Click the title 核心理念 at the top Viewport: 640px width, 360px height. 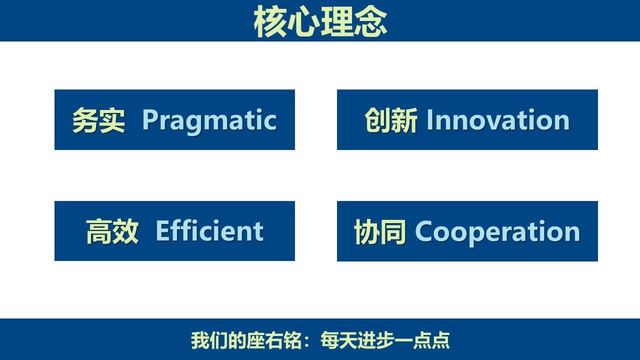[x=320, y=21]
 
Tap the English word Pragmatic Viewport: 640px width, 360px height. [x=209, y=121]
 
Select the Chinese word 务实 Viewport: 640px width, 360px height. [x=98, y=120]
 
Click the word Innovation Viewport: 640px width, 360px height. [x=498, y=120]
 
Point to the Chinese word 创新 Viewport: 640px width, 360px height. [x=391, y=120]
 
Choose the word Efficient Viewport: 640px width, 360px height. [x=209, y=231]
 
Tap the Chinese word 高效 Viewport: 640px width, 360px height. [x=112, y=231]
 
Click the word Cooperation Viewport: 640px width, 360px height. [x=497, y=232]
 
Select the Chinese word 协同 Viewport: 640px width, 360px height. [x=379, y=231]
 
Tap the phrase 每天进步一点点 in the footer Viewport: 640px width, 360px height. [x=385, y=340]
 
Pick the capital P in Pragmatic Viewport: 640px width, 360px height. [x=150, y=119]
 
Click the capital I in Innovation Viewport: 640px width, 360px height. [x=429, y=120]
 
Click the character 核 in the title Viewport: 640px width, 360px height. [x=270, y=21]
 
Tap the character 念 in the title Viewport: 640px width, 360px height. [x=371, y=21]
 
